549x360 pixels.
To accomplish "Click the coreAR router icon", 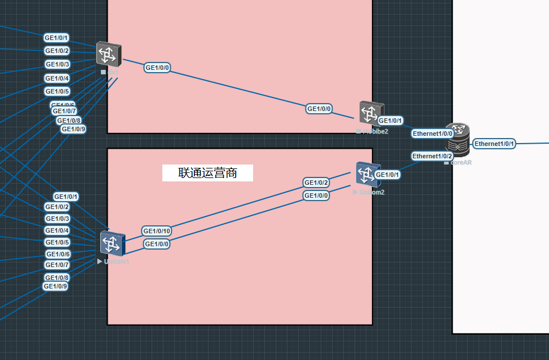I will click(458, 139).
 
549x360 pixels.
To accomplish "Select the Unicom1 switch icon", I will click(113, 243).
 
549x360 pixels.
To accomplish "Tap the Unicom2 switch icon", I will click(369, 174).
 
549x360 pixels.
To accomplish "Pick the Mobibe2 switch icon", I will click(370, 114).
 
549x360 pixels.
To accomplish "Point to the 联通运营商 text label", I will click(207, 173).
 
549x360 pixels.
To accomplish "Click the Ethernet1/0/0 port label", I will click(433, 134).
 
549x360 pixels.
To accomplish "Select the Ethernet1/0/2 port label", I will click(432, 155).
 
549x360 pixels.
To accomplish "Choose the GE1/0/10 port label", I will click(157, 231).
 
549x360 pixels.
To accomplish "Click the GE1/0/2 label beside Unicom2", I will click(316, 183).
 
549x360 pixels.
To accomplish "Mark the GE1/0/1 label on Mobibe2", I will click(390, 121).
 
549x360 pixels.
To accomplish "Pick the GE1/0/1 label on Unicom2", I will click(387, 175).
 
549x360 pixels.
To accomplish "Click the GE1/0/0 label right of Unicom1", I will click(157, 244).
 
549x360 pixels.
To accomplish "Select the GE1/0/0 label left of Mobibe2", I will click(320, 109).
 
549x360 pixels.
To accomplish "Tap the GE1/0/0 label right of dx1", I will click(157, 68).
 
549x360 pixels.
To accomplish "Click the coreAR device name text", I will click(461, 162).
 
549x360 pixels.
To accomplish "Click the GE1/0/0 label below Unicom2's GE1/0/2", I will click(316, 195).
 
